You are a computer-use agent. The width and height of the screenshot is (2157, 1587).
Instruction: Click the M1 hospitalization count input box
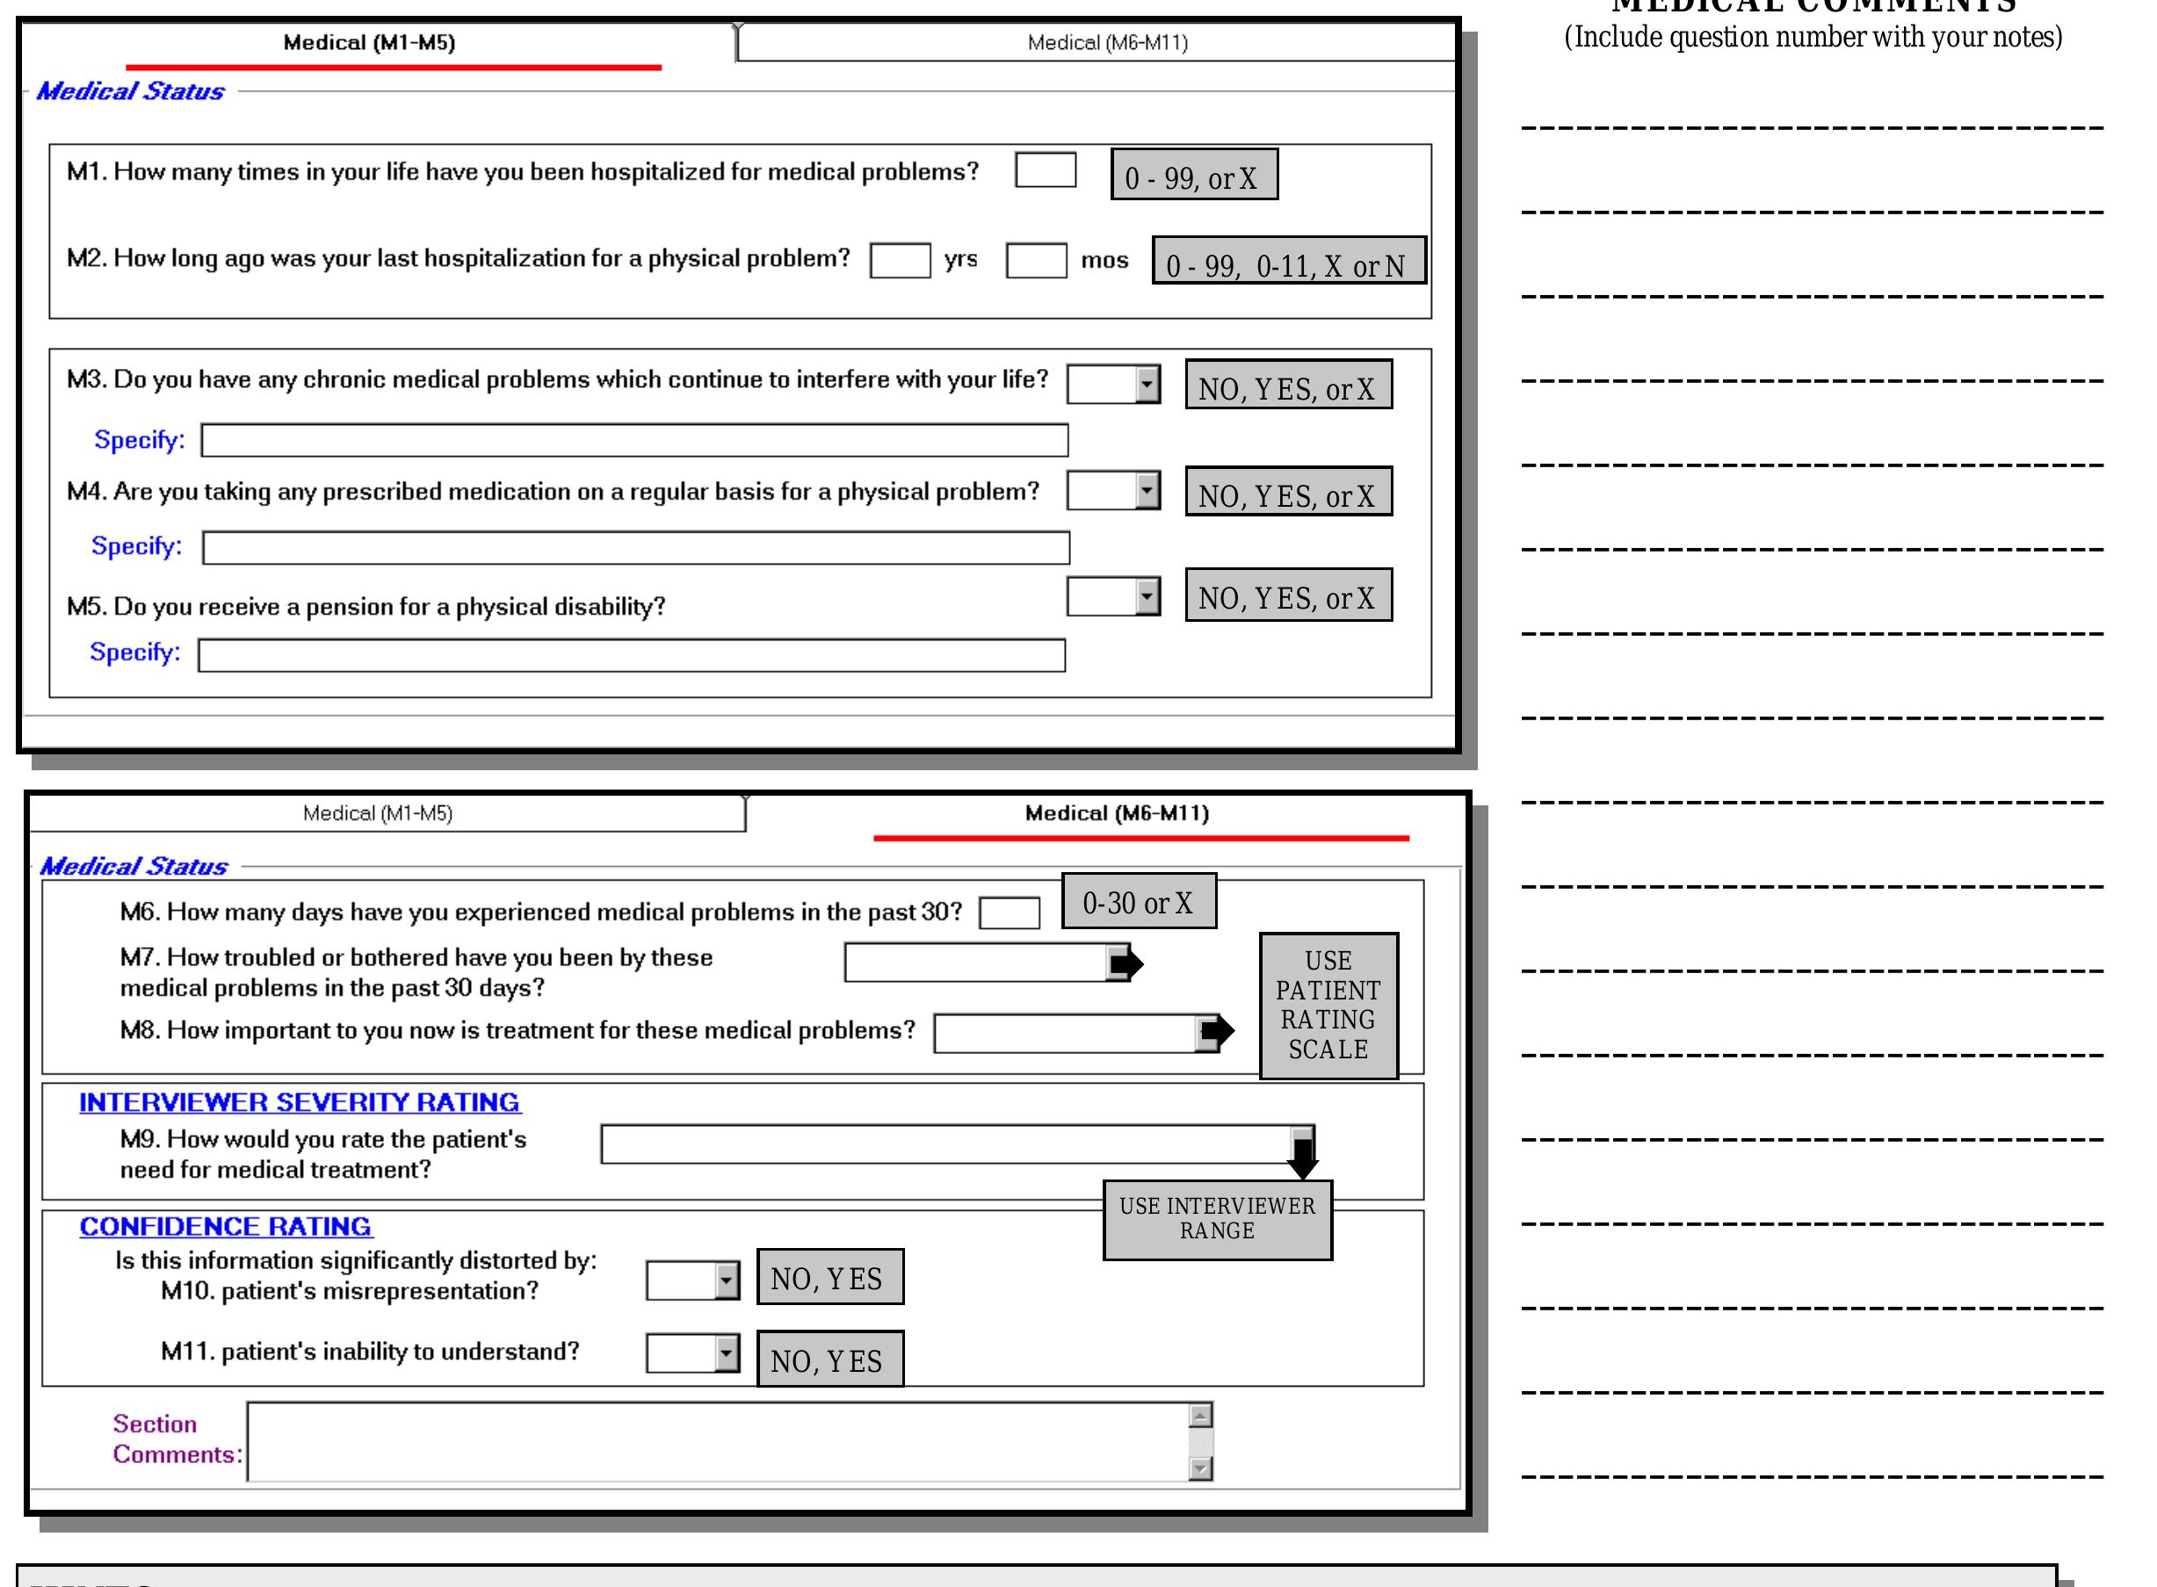tap(1045, 170)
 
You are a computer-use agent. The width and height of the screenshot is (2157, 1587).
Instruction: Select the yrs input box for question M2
tap(900, 260)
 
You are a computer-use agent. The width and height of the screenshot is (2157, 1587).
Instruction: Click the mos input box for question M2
tap(1036, 260)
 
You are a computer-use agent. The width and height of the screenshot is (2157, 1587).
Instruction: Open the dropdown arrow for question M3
tap(1147, 385)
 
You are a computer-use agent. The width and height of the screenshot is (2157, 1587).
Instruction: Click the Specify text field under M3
tap(634, 440)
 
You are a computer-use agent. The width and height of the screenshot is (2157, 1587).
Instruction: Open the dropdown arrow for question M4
tap(1147, 491)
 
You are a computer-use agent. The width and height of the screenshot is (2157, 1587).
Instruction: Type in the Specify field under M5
tap(631, 655)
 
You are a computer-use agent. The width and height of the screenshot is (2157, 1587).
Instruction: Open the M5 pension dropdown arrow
tap(1147, 596)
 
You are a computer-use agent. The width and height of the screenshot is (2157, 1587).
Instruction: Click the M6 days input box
tap(1009, 912)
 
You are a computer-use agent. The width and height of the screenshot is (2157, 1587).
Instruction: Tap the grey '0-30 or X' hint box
tap(1139, 901)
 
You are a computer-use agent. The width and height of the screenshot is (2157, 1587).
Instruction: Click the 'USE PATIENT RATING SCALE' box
tap(1328, 1005)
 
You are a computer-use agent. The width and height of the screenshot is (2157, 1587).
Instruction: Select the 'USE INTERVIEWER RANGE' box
tap(1218, 1218)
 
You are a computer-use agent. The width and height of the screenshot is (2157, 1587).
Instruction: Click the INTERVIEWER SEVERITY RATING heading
tap(299, 1102)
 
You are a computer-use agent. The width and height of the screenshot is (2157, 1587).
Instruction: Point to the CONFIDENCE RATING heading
tap(226, 1226)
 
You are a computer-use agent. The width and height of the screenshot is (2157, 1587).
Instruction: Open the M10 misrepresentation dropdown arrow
tap(727, 1280)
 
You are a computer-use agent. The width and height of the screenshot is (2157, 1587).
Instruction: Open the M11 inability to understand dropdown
tap(727, 1353)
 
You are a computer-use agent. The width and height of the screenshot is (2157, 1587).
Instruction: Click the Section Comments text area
tap(716, 1441)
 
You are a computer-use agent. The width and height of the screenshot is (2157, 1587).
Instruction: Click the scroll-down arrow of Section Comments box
tap(1200, 1468)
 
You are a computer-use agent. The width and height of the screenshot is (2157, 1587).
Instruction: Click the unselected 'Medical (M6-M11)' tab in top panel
tap(1107, 42)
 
